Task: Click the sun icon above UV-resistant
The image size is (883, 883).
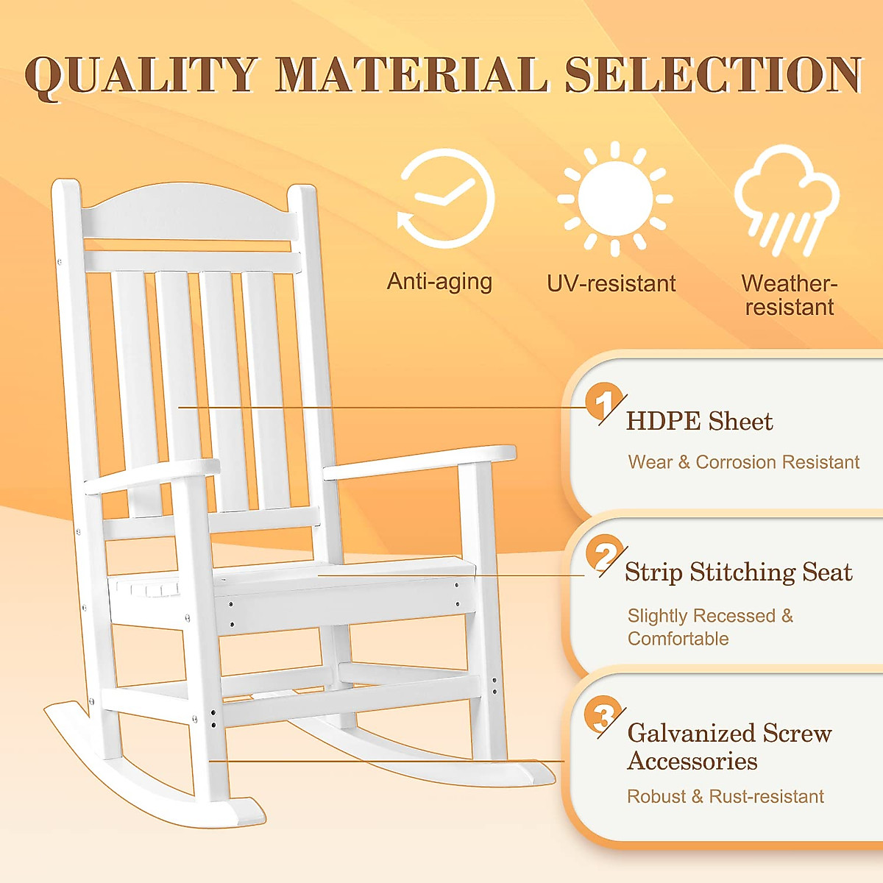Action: coord(615,199)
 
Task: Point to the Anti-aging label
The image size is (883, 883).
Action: coord(439,282)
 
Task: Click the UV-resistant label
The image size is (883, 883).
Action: coord(611,283)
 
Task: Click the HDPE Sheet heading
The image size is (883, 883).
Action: coord(699,422)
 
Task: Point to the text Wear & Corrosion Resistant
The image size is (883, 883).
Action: coord(743,462)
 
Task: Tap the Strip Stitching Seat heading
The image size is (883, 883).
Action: coord(738,572)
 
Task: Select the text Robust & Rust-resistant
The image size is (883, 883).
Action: coord(725,796)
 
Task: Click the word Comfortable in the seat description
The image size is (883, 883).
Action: coord(678,639)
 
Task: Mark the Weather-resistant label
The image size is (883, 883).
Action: coord(789,294)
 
